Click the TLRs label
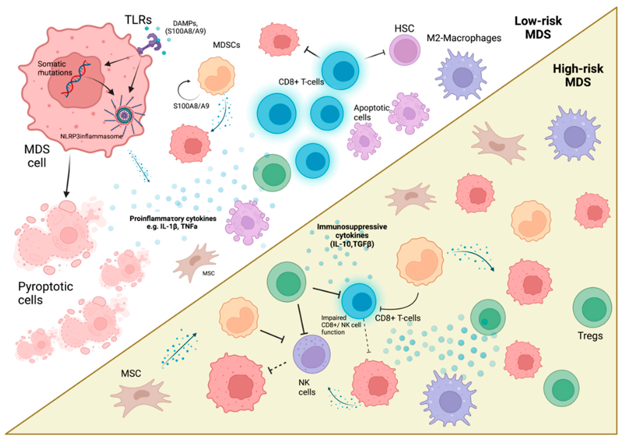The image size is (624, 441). point(138,20)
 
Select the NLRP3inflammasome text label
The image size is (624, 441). point(92,136)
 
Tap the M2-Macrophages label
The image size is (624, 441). point(464,38)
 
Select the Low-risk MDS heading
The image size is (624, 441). point(538,28)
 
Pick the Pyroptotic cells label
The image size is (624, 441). point(45,293)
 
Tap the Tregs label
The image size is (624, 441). point(590,336)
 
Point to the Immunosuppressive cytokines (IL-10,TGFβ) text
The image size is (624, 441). point(352,235)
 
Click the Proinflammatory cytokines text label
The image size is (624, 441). point(173,222)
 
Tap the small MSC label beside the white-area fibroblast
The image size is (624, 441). point(209,273)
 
